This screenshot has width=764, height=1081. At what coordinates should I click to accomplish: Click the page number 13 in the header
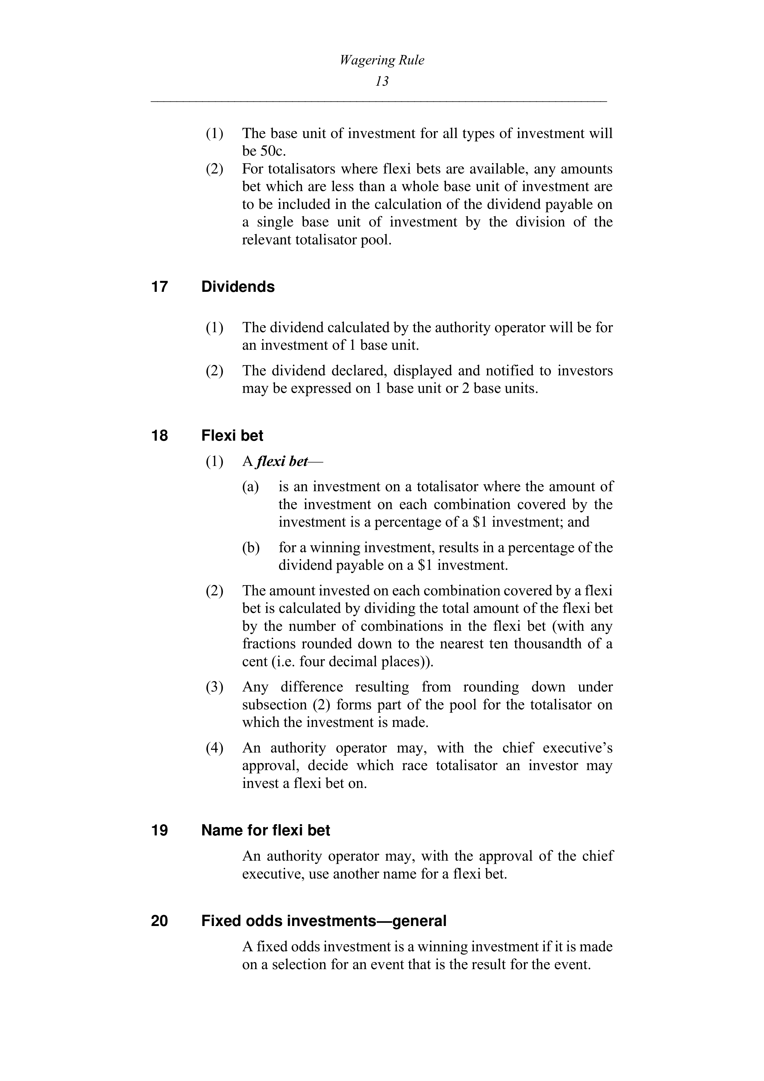pyautogui.click(x=382, y=81)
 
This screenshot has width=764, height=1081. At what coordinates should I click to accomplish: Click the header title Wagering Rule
pyautogui.click(x=382, y=60)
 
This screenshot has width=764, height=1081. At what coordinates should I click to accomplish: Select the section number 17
pyautogui.click(x=160, y=287)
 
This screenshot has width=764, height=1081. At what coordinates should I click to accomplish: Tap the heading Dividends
pyautogui.click(x=238, y=287)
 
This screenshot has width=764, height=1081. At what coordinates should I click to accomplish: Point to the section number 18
pyautogui.click(x=160, y=435)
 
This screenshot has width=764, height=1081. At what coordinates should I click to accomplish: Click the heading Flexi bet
pyautogui.click(x=232, y=435)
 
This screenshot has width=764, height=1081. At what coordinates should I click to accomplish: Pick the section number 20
pyautogui.click(x=160, y=920)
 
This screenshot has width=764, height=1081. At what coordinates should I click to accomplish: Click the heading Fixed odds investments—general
pyautogui.click(x=323, y=920)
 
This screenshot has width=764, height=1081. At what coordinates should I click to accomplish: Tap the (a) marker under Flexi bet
pyautogui.click(x=250, y=487)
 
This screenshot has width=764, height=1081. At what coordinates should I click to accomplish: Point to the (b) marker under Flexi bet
pyautogui.click(x=251, y=548)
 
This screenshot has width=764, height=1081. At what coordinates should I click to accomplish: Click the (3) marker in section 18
pyautogui.click(x=214, y=687)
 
